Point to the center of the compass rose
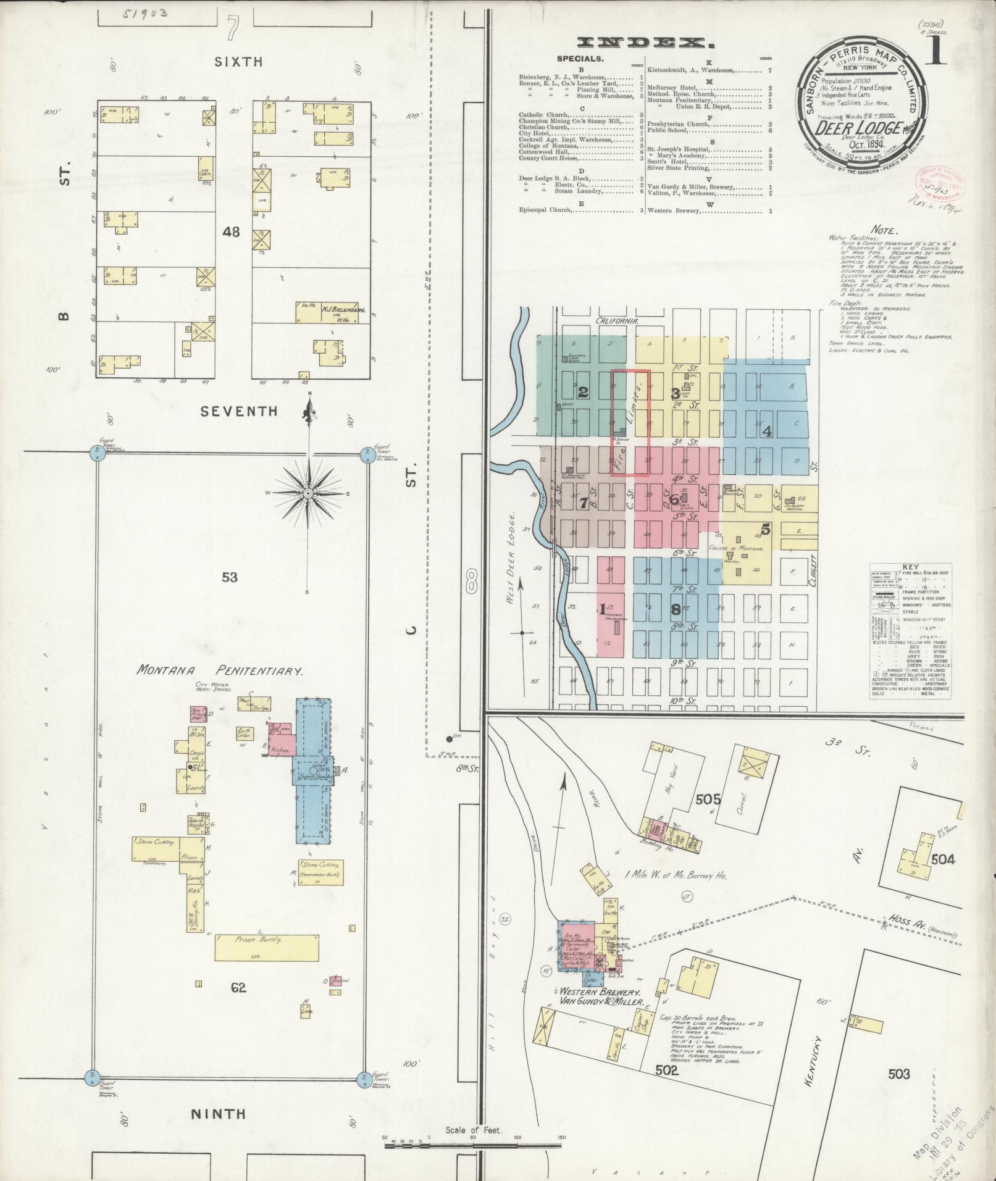coord(308,493)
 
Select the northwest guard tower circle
coord(96,453)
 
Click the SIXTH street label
coord(238,61)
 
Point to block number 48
coord(232,232)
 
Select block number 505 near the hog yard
coord(708,799)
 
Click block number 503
coord(898,1075)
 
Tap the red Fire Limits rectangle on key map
coord(630,423)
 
